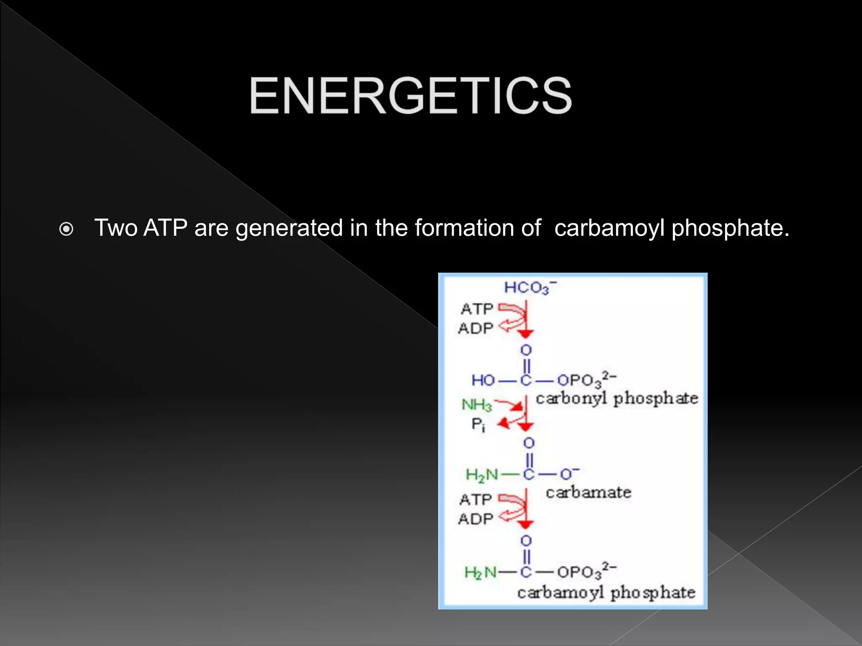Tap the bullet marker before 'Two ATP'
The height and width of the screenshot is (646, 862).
pyautogui.click(x=67, y=229)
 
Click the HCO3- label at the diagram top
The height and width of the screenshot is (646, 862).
pyautogui.click(x=529, y=288)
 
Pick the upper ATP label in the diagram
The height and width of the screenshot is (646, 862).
pyautogui.click(x=477, y=309)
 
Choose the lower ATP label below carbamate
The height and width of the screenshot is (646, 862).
pyautogui.click(x=476, y=500)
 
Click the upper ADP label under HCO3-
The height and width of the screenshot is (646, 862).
pyautogui.click(x=476, y=328)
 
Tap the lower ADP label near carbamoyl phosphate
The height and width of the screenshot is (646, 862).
pyautogui.click(x=476, y=519)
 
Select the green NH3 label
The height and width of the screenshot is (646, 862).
pyautogui.click(x=476, y=405)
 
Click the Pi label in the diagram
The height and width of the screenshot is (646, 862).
pyautogui.click(x=478, y=424)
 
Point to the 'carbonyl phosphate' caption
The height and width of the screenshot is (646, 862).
pyautogui.click(x=617, y=399)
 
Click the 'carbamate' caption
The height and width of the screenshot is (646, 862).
pyautogui.click(x=588, y=492)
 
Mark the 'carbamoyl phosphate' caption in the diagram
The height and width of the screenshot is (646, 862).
pyautogui.click(x=606, y=593)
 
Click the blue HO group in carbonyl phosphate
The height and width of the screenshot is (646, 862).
pyautogui.click(x=483, y=381)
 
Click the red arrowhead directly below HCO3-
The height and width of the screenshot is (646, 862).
pyautogui.click(x=525, y=334)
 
